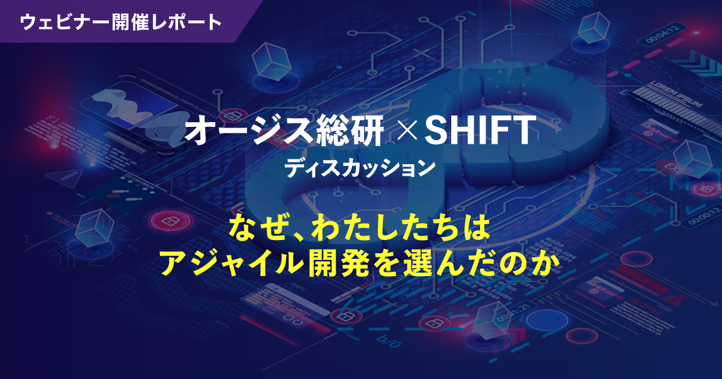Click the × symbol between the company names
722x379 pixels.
403,132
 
